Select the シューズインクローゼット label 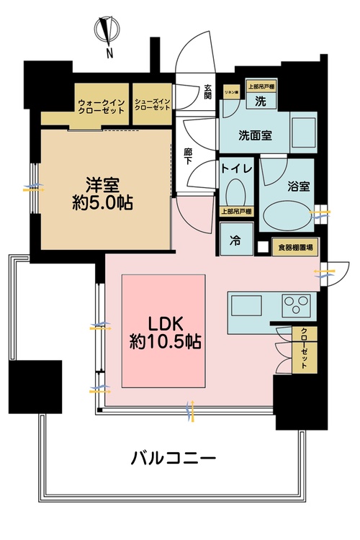153,103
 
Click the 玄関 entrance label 207,92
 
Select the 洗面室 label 254,135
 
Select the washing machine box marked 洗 259,102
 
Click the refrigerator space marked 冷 235,240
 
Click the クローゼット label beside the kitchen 305,348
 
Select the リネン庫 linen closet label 231,90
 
